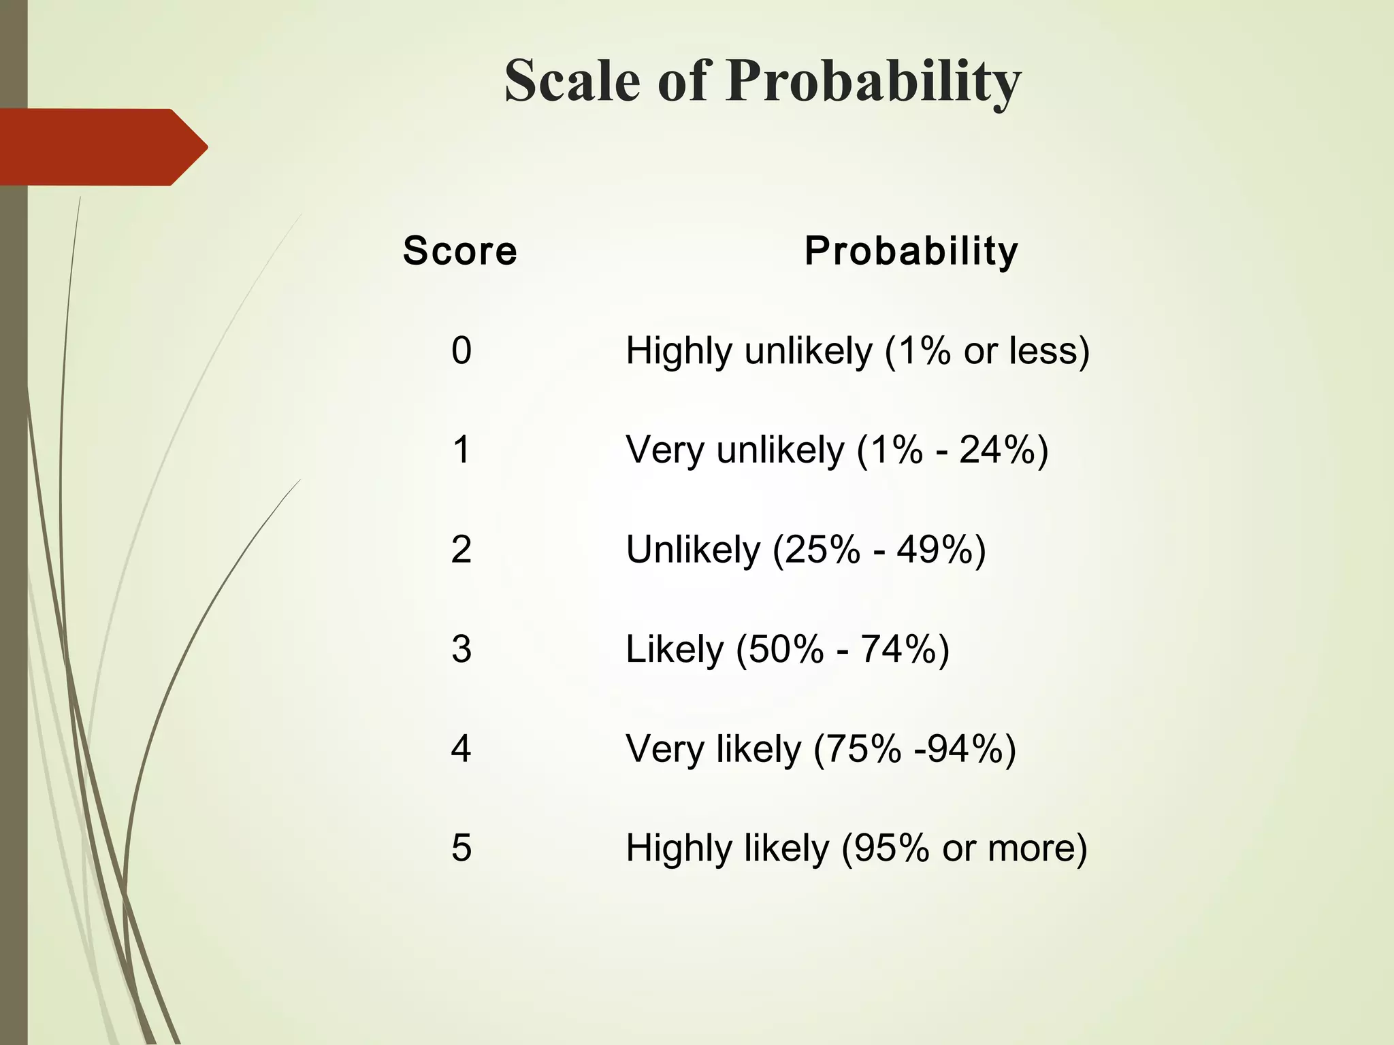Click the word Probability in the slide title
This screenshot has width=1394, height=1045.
click(873, 82)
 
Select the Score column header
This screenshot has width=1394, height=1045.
click(459, 250)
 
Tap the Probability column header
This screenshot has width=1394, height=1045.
click(911, 250)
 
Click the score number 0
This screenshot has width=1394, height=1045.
click(461, 351)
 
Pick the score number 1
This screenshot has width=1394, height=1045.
click(461, 450)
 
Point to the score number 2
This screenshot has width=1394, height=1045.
click(461, 550)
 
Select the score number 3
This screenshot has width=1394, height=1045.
click(461, 649)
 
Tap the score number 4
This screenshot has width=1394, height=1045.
click(461, 748)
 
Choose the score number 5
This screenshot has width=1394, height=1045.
click(461, 848)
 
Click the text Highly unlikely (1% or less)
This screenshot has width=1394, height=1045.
click(858, 351)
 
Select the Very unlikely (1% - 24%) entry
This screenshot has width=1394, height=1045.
click(837, 450)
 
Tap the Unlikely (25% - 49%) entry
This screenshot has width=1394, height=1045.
click(806, 550)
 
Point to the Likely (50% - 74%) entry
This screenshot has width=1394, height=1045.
click(788, 649)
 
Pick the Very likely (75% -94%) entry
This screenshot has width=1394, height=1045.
click(821, 748)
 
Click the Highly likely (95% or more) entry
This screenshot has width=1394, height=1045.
click(856, 848)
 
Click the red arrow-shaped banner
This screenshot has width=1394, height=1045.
click(102, 147)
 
